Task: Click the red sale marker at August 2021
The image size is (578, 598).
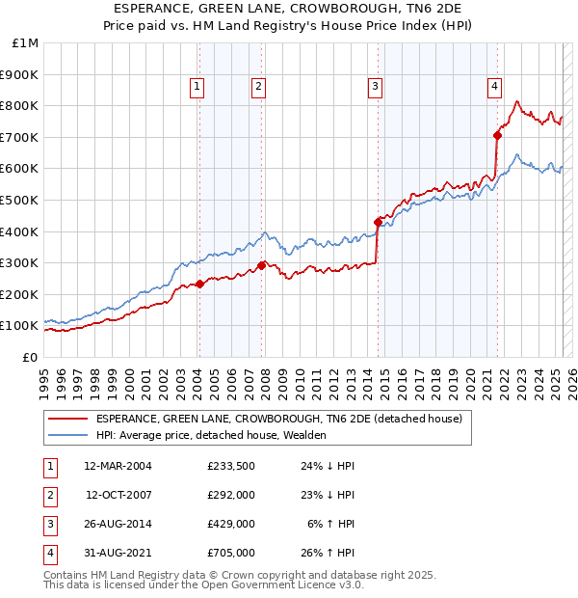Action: point(498,135)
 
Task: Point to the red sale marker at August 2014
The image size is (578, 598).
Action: point(378,222)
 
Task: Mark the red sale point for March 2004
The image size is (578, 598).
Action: point(199,284)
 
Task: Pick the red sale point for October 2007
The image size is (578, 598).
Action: point(262,265)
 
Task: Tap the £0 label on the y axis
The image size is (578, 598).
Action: point(30,357)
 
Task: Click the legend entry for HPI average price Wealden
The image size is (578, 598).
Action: point(211,435)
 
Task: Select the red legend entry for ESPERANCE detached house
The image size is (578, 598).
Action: point(279,419)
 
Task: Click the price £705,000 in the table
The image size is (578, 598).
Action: point(231,553)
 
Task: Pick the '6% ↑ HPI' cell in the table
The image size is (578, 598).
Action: point(331,524)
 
